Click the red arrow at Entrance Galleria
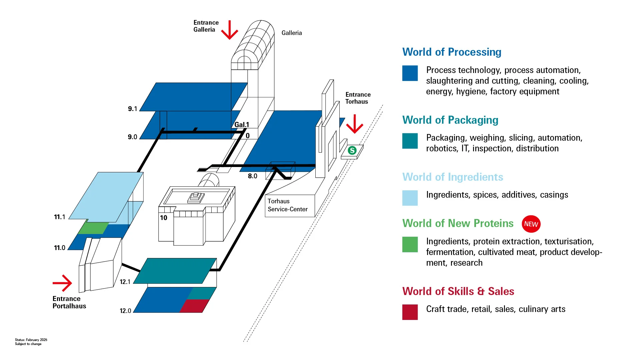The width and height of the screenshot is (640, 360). pyautogui.click(x=230, y=31)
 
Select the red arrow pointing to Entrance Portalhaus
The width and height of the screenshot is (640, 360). pyautogui.click(x=63, y=283)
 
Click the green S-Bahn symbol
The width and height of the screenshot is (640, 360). pyautogui.click(x=352, y=151)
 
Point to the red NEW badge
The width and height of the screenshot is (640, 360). pyautogui.click(x=531, y=224)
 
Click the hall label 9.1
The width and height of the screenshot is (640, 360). pyautogui.click(x=132, y=109)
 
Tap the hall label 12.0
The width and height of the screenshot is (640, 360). pyautogui.click(x=125, y=311)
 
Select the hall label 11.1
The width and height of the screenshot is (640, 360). pyautogui.click(x=59, y=217)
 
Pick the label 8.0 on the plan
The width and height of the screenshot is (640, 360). pyautogui.click(x=252, y=176)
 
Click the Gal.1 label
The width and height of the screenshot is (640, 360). pyautogui.click(x=241, y=125)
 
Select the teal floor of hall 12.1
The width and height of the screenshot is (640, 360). pyautogui.click(x=175, y=271)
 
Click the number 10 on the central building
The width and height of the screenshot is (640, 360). pyautogui.click(x=163, y=218)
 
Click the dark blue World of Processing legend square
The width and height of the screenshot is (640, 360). pyautogui.click(x=410, y=73)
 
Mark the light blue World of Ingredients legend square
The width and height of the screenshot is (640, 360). pyautogui.click(x=410, y=198)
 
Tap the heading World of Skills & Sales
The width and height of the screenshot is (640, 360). pyautogui.click(x=458, y=291)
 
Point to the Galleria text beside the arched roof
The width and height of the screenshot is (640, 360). pyautogui.click(x=291, y=33)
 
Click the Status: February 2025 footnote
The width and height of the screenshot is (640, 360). pyautogui.click(x=31, y=340)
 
